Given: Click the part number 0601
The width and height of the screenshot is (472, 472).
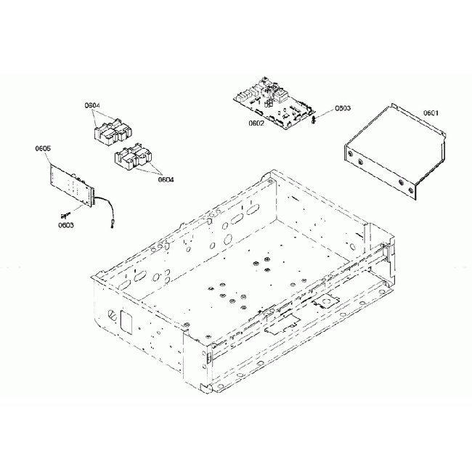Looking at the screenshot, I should pyautogui.click(x=432, y=113).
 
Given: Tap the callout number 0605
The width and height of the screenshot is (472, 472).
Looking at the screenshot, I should pyautogui.click(x=42, y=149).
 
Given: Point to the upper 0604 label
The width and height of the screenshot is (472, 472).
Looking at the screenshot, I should pyautogui.click(x=92, y=106).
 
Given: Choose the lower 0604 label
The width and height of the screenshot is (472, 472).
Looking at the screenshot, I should pyautogui.click(x=166, y=179).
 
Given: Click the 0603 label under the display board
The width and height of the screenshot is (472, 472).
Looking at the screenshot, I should pyautogui.click(x=66, y=225).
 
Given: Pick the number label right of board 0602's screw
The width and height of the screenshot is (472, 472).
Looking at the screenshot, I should pyautogui.click(x=343, y=108).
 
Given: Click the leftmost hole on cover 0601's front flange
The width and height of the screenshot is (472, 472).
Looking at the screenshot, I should pyautogui.click(x=351, y=153).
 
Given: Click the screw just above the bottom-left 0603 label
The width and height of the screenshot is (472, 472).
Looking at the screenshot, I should pyautogui.click(x=65, y=214).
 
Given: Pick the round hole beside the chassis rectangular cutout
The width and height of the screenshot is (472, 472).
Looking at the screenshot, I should pyautogui.click(x=111, y=314).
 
